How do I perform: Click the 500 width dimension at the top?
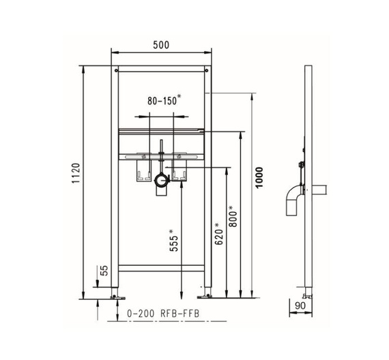[160, 44]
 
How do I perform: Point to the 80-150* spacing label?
[164, 100]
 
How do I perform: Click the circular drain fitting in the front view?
[162, 181]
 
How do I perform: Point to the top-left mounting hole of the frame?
[117, 69]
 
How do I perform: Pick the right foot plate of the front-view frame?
[204, 297]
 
